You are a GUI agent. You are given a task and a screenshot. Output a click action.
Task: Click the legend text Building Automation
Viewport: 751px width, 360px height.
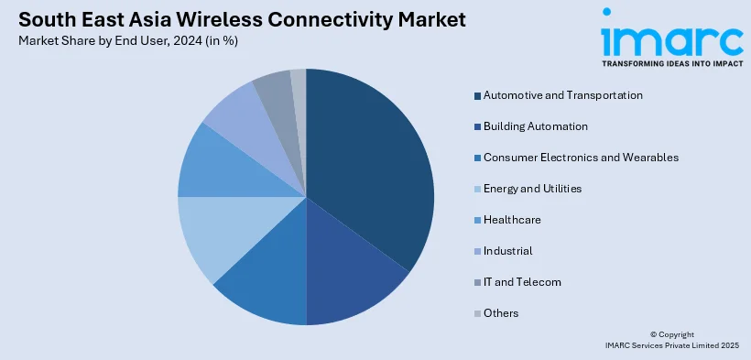536,126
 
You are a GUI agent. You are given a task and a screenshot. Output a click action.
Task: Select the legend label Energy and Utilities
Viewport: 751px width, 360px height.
533,189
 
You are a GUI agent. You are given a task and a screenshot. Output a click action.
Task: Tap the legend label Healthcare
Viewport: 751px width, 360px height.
512,220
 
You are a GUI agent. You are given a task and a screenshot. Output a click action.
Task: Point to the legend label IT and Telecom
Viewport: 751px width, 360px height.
522,282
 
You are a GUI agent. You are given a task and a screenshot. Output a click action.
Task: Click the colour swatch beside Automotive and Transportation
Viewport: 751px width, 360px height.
477,96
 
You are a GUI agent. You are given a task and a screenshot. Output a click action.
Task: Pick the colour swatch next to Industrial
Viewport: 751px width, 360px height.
477,252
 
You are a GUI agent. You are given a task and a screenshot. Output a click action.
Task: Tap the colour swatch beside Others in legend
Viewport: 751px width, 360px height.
477,314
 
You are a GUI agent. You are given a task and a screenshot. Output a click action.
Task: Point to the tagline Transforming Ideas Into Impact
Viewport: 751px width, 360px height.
672,63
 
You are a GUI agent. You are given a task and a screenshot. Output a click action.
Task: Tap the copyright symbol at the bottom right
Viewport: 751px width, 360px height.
653,334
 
